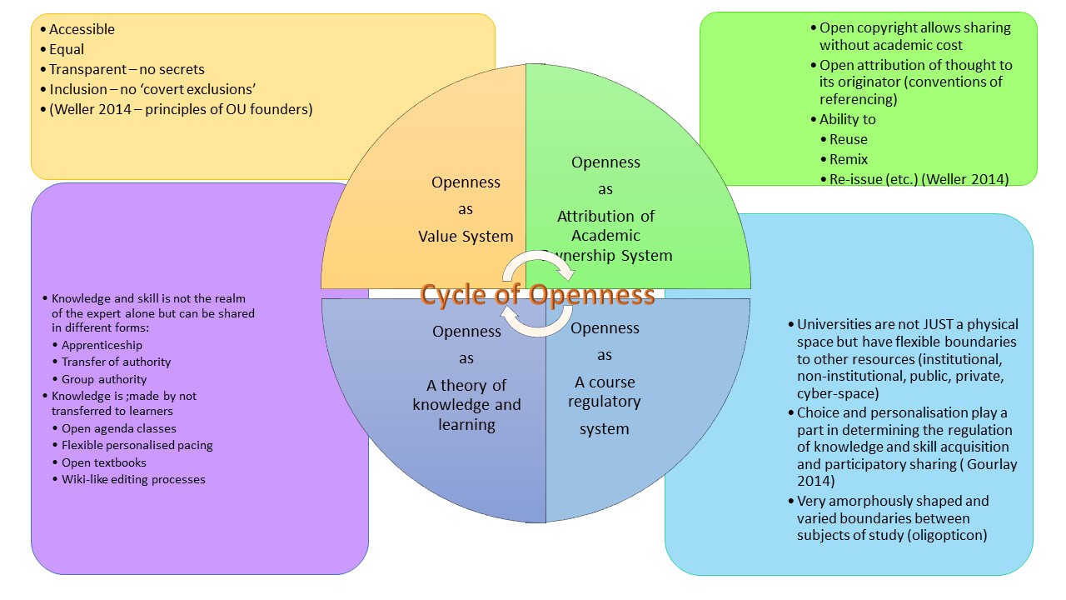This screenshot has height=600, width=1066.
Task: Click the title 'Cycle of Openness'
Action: pyautogui.click(x=537, y=295)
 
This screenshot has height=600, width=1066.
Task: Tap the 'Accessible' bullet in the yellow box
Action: pyautogui.click(x=82, y=29)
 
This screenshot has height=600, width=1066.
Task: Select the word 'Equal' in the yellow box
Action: pyautogui.click(x=67, y=49)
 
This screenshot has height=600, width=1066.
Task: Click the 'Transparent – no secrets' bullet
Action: pyautogui.click(x=127, y=69)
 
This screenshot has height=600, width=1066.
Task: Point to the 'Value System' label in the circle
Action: pyautogui.click(x=466, y=237)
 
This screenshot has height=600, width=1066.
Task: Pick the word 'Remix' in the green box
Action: pyautogui.click(x=849, y=159)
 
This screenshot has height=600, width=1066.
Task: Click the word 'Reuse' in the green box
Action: pyautogui.click(x=849, y=139)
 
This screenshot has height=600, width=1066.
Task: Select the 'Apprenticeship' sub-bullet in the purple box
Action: pyautogui.click(x=102, y=345)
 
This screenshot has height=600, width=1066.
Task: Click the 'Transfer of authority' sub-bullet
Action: pyautogui.click(x=116, y=362)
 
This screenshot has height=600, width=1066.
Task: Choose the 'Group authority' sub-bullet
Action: pyautogui.click(x=104, y=379)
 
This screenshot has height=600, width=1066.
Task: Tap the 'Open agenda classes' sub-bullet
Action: pyautogui.click(x=119, y=428)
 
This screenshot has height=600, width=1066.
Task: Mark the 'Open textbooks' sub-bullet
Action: pyautogui.click(x=103, y=462)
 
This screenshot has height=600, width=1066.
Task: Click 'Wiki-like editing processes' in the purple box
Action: pyautogui.click(x=133, y=479)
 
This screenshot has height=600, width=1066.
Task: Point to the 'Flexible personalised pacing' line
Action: pyautogui.click(x=137, y=445)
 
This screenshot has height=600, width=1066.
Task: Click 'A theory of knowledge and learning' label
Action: pyautogui.click(x=466, y=405)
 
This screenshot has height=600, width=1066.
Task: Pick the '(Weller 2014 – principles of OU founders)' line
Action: pyautogui.click(x=181, y=109)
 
